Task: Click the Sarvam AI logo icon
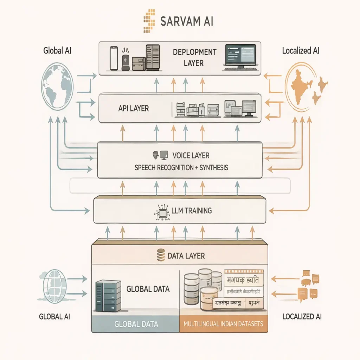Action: tap(149, 21)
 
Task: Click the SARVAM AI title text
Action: tap(186, 21)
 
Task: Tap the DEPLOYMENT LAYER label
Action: tap(194, 57)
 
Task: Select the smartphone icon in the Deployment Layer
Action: tap(113, 58)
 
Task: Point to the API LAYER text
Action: tap(134, 108)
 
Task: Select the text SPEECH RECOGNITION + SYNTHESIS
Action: tap(181, 168)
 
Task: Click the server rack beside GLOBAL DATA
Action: tap(108, 295)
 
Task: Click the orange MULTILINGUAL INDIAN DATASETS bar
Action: tap(223, 324)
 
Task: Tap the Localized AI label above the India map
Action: tap(301, 51)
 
